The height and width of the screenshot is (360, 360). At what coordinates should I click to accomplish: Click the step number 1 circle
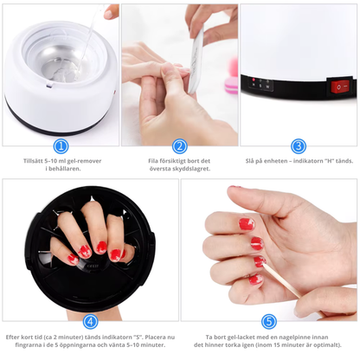(61, 146)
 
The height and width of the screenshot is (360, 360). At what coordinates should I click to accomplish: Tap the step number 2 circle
(180, 146)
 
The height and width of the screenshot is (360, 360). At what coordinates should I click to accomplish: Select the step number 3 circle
(299, 146)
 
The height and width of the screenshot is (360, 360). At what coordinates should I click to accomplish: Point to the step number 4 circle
(90, 320)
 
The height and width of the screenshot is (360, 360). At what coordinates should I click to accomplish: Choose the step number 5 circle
(269, 320)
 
